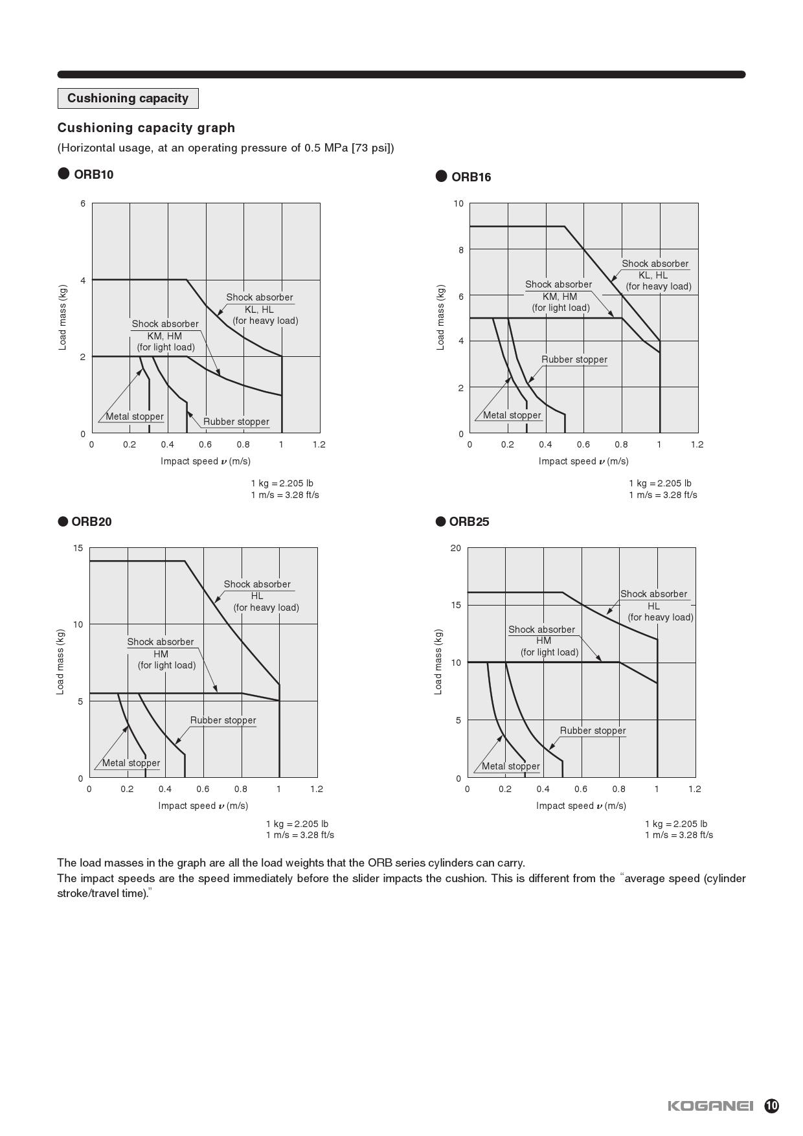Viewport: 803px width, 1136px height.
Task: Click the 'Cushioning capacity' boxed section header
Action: (x=128, y=98)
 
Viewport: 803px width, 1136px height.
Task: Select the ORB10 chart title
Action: (x=93, y=174)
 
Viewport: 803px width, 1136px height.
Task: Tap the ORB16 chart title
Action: (x=471, y=177)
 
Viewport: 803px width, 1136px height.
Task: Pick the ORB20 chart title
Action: (x=91, y=521)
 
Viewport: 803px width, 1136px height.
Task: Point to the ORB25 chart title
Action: (x=469, y=521)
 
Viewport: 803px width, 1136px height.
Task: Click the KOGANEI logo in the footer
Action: (x=710, y=1105)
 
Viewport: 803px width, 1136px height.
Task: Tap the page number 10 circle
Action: (x=771, y=1106)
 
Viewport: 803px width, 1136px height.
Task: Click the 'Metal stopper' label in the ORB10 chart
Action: (x=135, y=416)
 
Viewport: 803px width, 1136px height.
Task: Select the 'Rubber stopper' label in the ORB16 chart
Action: (x=574, y=359)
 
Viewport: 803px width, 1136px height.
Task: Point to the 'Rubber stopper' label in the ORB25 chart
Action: (x=593, y=731)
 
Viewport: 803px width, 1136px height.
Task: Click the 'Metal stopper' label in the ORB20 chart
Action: (x=131, y=763)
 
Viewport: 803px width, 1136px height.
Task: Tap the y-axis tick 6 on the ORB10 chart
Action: (x=83, y=203)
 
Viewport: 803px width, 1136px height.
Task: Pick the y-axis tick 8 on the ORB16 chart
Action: (x=461, y=249)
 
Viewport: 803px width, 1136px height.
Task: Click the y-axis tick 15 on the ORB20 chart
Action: (x=78, y=548)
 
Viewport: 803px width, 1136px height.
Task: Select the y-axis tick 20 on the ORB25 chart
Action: (x=456, y=548)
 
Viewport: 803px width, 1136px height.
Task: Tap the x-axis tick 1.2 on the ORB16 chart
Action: (x=697, y=444)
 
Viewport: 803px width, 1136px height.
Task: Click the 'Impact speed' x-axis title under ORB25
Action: (x=581, y=806)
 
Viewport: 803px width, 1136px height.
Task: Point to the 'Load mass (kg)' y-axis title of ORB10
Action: (x=63, y=317)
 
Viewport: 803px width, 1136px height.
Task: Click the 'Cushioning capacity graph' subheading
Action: (x=146, y=128)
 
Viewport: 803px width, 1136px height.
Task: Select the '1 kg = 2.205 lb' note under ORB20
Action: (x=297, y=824)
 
